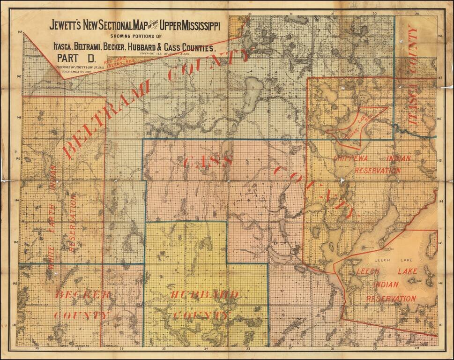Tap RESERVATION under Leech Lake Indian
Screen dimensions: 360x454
(x=392, y=298)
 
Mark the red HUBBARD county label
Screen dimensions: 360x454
(x=204, y=294)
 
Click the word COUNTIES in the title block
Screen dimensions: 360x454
(x=192, y=47)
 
